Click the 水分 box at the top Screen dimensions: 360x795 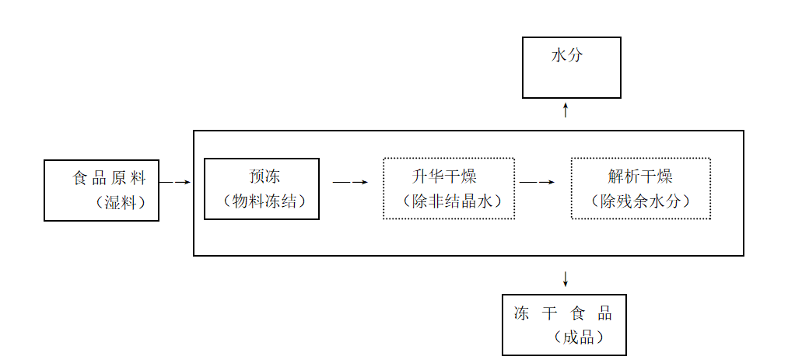click(x=571, y=68)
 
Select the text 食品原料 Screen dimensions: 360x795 click(x=110, y=179)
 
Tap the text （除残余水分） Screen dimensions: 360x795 click(x=640, y=201)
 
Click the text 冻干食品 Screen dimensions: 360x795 click(x=563, y=313)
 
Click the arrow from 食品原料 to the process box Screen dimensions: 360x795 click(x=175, y=183)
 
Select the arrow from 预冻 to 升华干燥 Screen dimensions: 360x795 click(x=350, y=183)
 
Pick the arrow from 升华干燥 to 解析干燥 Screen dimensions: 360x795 click(x=538, y=183)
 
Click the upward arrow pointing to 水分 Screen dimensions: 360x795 click(x=566, y=110)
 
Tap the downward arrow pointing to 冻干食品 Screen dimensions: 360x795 click(x=566, y=278)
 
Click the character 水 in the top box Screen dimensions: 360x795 click(x=558, y=56)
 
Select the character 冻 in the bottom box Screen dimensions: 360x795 click(x=522, y=313)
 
